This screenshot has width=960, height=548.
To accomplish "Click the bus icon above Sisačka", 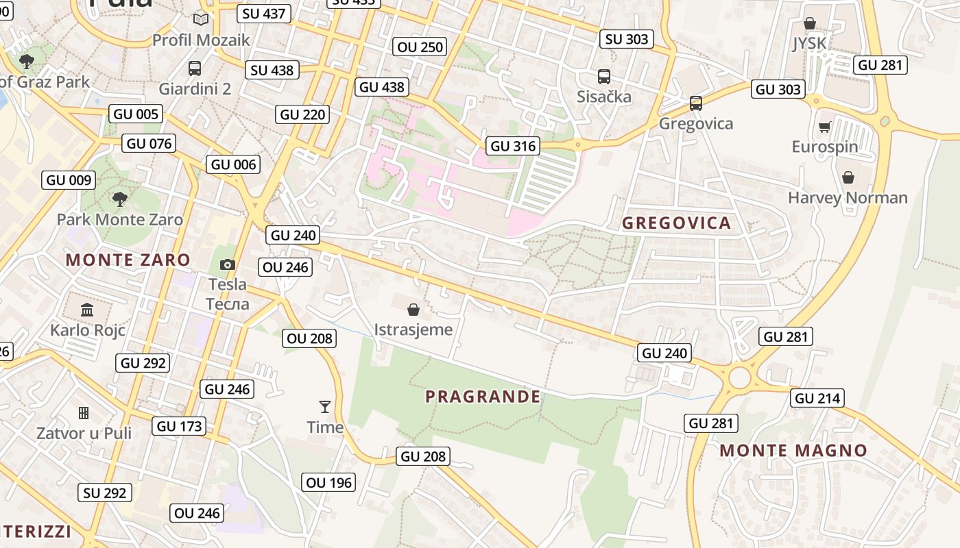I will [x=603, y=77].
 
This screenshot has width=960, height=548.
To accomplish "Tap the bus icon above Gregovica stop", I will [x=696, y=103].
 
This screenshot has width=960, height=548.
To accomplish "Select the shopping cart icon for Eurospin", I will [x=824, y=127].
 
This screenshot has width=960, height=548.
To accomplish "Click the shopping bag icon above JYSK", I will [x=809, y=23].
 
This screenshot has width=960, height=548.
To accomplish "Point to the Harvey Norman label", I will [x=848, y=198].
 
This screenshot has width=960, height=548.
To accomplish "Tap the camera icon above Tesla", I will [x=228, y=264].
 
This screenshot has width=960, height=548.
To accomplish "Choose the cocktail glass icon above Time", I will [x=325, y=407].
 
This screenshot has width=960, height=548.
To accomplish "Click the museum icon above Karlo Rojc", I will [x=87, y=310].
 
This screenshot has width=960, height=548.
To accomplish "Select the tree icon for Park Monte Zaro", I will [x=120, y=199].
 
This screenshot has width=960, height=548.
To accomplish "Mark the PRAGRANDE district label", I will [x=483, y=397].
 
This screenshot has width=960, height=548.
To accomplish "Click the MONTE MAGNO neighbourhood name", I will [x=793, y=451].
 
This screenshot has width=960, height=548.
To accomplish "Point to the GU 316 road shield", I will [x=512, y=146].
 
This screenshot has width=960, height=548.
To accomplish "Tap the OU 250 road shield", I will [x=421, y=47].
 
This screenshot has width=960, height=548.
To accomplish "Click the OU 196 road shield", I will [x=328, y=482].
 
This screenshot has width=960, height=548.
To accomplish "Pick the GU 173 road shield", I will [x=180, y=426].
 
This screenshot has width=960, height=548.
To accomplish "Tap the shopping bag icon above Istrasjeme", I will [x=413, y=310].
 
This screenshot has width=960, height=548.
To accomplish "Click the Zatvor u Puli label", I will [x=84, y=433].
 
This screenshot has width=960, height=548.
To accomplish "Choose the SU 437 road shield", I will [x=264, y=13].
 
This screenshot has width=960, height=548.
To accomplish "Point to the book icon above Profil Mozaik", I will [x=201, y=20].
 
